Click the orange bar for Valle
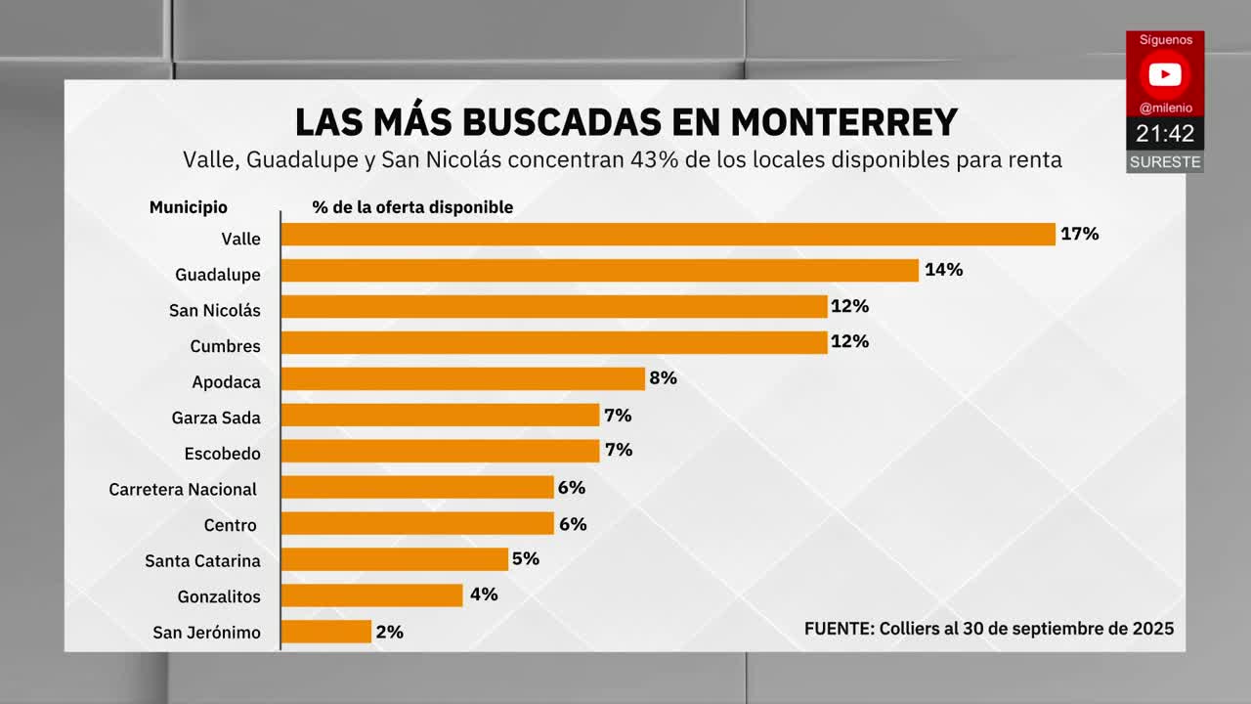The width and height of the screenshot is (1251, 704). [x=669, y=235]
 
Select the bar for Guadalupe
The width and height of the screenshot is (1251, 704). [x=600, y=271]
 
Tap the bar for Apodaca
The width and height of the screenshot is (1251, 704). [x=463, y=379]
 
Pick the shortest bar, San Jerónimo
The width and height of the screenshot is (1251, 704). [x=326, y=632]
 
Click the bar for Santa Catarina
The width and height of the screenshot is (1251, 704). [x=395, y=559]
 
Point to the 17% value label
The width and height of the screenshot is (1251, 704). [x=1080, y=234]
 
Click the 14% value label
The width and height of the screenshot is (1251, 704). [x=943, y=270]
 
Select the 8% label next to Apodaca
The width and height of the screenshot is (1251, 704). [x=663, y=378]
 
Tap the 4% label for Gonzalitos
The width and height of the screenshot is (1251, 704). [x=484, y=594]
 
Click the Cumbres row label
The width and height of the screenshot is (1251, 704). [x=225, y=346]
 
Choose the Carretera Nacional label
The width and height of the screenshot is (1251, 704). [x=183, y=490]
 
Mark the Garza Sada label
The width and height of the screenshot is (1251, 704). [x=216, y=418]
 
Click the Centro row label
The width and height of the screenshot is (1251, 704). [x=230, y=526]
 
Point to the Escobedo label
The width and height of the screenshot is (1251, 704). [x=222, y=454]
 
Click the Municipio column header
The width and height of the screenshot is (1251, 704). [x=188, y=207]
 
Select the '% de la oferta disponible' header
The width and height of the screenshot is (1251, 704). [x=412, y=207]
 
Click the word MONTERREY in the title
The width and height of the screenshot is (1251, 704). [x=843, y=122]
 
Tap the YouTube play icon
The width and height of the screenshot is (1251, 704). [x=1164, y=74]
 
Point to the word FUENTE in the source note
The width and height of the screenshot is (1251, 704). [x=839, y=629]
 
